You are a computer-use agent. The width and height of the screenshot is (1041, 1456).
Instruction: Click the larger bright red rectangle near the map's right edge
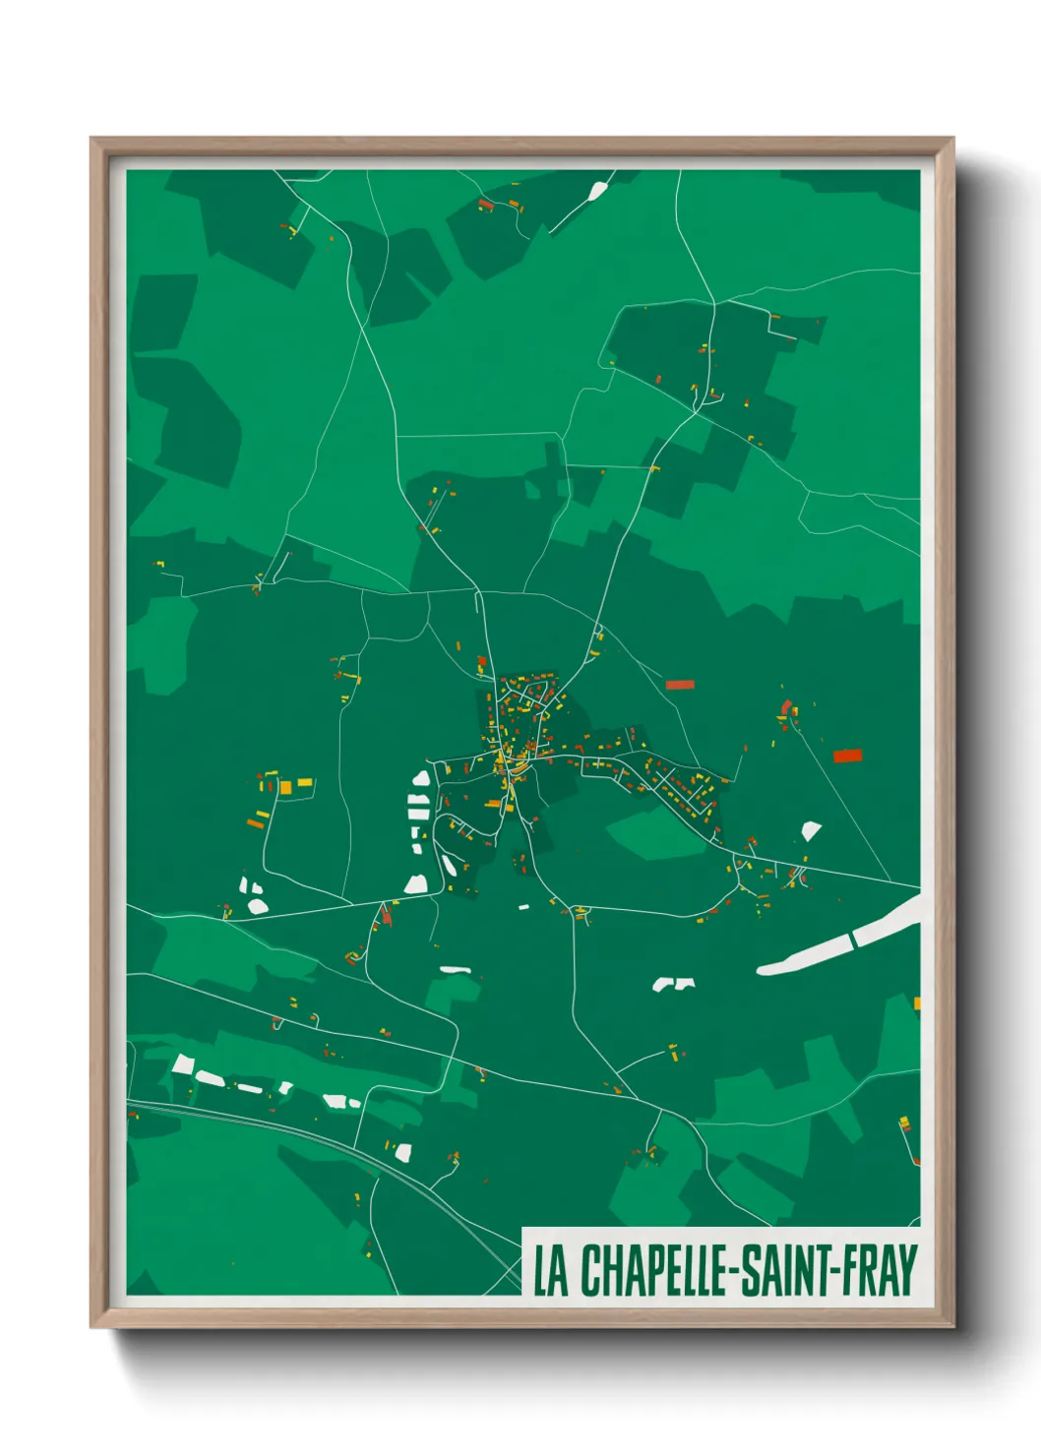[847, 756]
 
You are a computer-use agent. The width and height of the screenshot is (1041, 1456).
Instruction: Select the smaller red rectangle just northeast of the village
[680, 685]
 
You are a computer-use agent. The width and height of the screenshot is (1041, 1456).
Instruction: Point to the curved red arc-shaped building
[785, 706]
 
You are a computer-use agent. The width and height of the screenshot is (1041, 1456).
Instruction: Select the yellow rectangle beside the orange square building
[305, 782]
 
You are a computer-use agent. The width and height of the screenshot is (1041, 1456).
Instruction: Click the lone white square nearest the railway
[402, 1151]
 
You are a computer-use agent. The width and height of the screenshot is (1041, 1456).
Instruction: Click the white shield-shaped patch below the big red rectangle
[811, 830]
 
